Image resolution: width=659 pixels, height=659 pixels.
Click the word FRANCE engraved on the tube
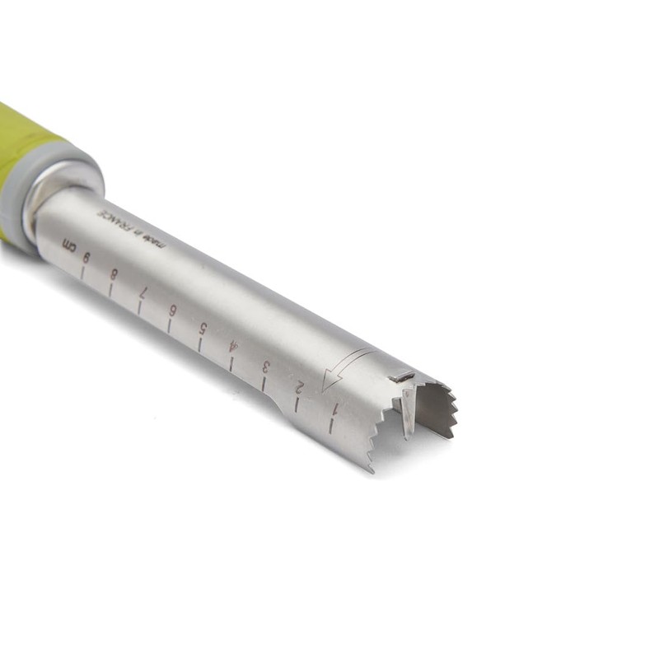tap(113, 222)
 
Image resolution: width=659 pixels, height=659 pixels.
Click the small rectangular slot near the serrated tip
tap(401, 376)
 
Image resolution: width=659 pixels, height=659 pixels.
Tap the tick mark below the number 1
tap(330, 425)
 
